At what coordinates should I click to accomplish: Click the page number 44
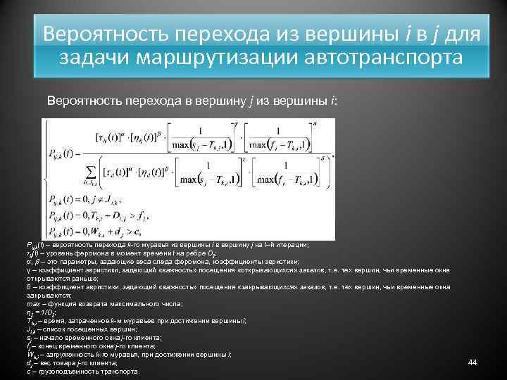point(472,362)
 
